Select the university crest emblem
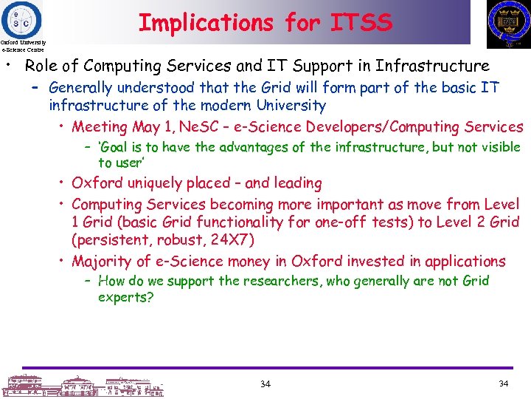pos(508,23)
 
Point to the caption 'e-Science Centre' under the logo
pos(22,50)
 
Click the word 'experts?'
pos(125,298)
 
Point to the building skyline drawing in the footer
pos(83,385)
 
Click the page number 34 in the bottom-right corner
pos(503,384)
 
